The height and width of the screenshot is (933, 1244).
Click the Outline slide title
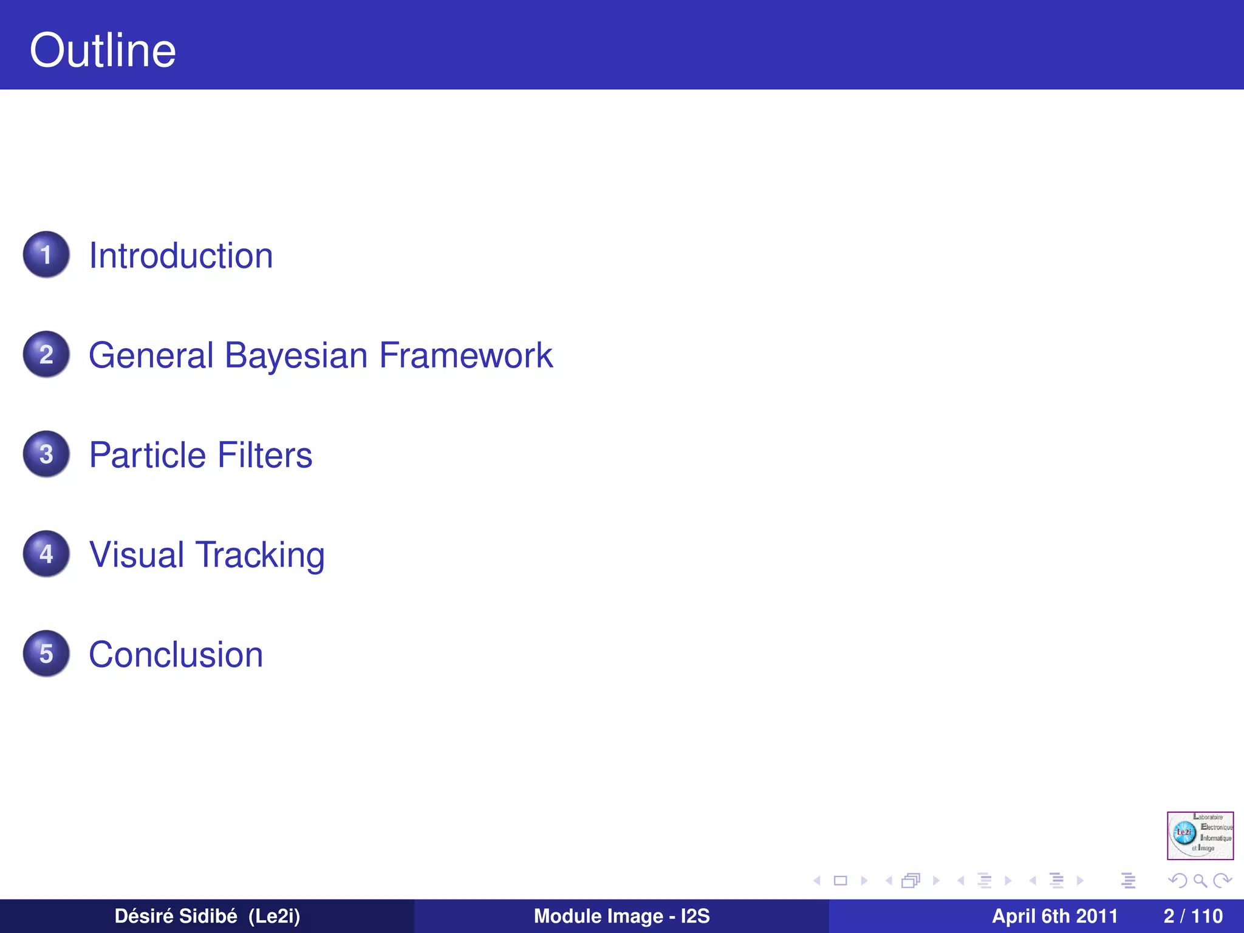point(103,50)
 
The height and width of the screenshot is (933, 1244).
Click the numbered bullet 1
point(46,255)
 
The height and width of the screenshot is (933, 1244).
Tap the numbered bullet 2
point(46,354)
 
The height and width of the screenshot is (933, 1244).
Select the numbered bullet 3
point(46,454)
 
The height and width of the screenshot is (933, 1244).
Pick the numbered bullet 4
point(46,553)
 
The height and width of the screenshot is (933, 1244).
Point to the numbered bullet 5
point(46,654)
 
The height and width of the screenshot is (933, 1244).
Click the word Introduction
point(181,255)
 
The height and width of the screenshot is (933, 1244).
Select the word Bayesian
point(296,355)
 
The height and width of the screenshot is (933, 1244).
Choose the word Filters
point(265,455)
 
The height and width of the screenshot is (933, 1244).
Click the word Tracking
point(260,555)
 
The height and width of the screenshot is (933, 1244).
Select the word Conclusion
point(176,655)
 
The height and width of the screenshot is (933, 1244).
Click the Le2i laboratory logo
point(1200,835)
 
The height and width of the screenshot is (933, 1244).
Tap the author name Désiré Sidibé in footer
point(176,916)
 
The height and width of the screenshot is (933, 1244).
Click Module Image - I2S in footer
point(621,916)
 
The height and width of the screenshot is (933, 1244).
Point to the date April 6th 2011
point(1054,916)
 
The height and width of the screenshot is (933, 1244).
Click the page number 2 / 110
point(1193,916)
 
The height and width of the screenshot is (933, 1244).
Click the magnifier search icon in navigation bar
point(1200,880)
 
